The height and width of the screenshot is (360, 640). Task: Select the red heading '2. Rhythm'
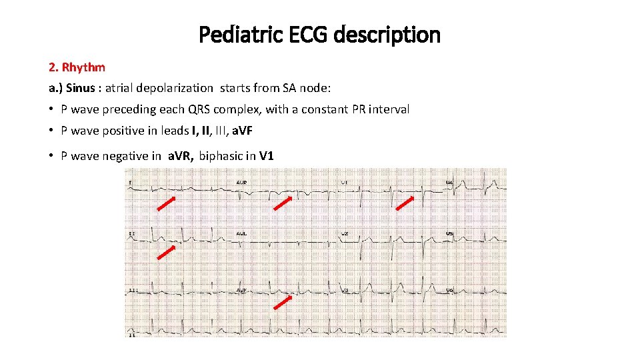pos(77,67)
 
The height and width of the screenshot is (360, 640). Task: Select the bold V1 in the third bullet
pos(267,157)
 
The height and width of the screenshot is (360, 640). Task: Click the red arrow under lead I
pos(167,204)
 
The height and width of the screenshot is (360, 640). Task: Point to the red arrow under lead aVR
pos(283,204)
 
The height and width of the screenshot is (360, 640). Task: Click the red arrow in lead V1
pos(404,204)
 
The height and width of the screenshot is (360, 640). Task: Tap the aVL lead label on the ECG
pos(241,234)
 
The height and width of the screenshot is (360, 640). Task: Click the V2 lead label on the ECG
pos(345,234)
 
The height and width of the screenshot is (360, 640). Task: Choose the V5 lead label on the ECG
pos(451,234)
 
